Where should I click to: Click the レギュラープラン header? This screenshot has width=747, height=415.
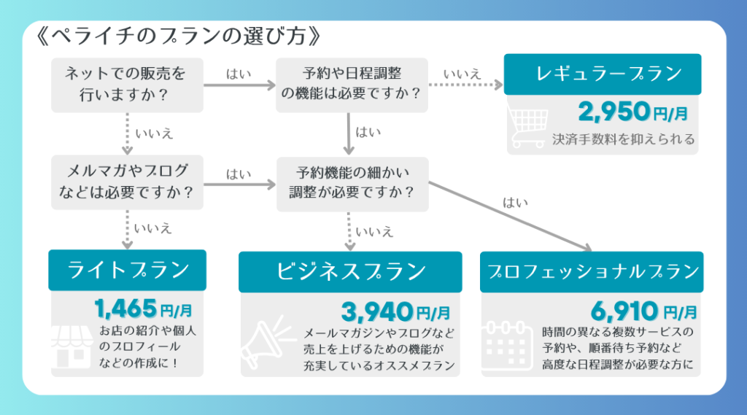tap(602, 74)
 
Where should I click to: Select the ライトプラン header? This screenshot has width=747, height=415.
tap(127, 270)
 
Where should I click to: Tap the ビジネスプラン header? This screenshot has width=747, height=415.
tap(350, 272)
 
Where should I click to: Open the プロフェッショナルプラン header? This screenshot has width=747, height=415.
tap(591, 272)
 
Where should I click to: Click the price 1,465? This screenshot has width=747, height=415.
tap(126, 308)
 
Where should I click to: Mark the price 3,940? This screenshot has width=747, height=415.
tap(377, 313)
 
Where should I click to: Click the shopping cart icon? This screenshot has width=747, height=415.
tap(527, 128)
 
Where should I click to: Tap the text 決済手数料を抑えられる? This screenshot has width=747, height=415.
tap(623, 139)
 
